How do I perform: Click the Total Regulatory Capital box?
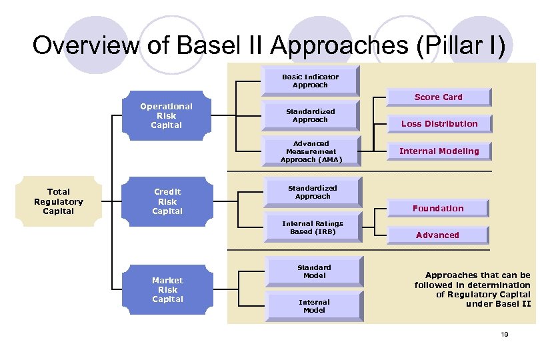(59, 201)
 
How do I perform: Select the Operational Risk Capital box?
(166, 116)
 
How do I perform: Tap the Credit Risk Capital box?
(167, 201)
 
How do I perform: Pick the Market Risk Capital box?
(167, 290)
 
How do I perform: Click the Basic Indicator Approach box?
(310, 81)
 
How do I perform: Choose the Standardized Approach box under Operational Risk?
(310, 115)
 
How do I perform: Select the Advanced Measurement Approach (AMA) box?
(311, 151)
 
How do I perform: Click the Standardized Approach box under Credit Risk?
(312, 192)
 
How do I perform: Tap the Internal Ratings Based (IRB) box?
(312, 228)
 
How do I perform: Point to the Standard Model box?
(314, 271)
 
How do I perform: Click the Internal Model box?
(314, 306)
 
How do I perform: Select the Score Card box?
(438, 97)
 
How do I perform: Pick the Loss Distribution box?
(439, 124)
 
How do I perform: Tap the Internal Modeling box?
(439, 151)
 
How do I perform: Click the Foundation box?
(438, 209)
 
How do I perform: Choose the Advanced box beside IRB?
(437, 235)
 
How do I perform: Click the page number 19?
(504, 334)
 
